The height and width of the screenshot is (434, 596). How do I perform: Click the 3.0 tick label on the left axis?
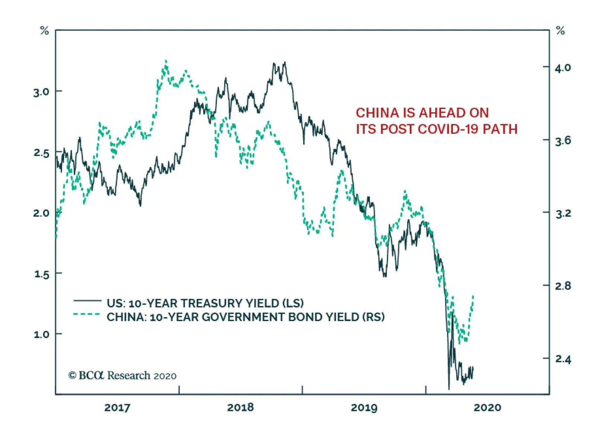41,92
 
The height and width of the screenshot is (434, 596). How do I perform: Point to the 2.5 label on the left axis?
41,153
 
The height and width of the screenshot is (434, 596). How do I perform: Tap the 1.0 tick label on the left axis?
41,334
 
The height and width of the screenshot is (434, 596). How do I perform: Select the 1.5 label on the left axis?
41,274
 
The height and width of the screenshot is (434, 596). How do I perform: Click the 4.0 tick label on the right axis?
562,68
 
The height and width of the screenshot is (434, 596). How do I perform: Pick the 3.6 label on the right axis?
562,141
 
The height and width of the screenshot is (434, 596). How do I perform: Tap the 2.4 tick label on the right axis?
562,359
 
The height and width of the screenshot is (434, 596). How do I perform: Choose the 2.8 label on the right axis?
562,286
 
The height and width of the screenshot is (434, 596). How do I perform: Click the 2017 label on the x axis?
117,408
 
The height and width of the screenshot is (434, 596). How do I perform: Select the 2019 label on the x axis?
364,408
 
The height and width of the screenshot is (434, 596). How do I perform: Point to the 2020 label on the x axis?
487,408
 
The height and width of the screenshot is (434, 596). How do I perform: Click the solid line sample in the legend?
87,300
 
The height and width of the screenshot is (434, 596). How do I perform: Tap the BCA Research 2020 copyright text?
122,376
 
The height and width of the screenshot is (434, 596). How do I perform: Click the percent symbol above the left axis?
44,30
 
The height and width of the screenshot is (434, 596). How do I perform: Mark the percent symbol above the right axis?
560,30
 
